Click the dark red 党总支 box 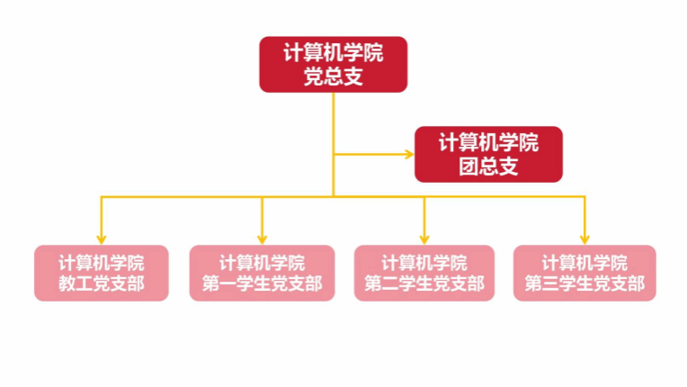coord(333,65)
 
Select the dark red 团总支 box coord(488,154)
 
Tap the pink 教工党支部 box coord(102,273)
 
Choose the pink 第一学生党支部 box coord(262,273)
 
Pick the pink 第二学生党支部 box coord(424,273)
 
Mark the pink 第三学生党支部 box coord(584,273)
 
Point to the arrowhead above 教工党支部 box coord(102,238)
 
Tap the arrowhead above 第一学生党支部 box coord(262,238)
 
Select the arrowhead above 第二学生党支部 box coord(424,238)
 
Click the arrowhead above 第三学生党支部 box coord(584,238)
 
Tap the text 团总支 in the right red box coord(488,166)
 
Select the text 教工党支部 coord(102,285)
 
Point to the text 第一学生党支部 coord(262,285)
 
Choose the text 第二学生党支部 coord(424,285)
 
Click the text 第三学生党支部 coord(584,285)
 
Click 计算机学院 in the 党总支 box coord(333,53)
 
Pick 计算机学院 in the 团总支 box coord(488,142)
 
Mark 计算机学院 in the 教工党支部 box coord(102,263)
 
